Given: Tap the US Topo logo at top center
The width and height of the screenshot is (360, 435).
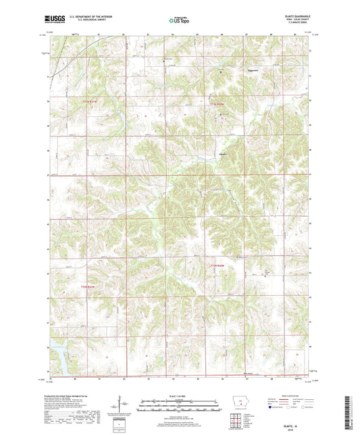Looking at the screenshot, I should pyautogui.click(x=179, y=21).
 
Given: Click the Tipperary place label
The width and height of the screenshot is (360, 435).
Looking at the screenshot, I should pyautogui.click(x=251, y=69).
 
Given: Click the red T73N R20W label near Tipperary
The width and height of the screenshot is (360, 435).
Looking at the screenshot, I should pyautogui.click(x=215, y=104).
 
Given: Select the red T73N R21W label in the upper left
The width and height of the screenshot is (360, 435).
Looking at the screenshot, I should pyautogui.click(x=89, y=102).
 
